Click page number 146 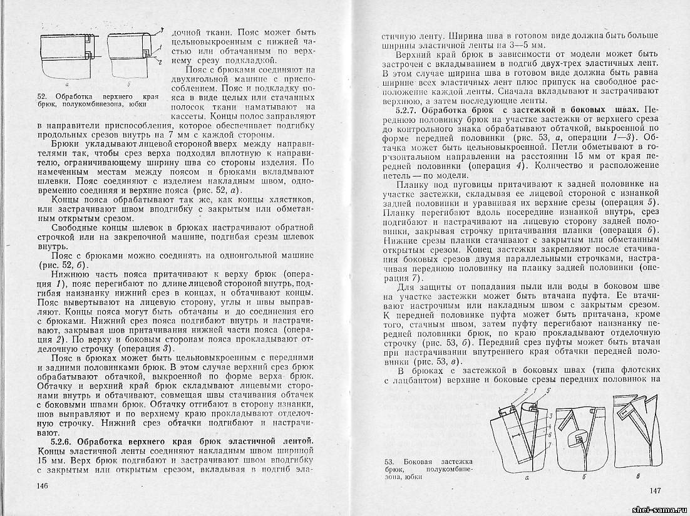pos(43,486)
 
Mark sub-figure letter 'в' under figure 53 pos(637,478)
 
